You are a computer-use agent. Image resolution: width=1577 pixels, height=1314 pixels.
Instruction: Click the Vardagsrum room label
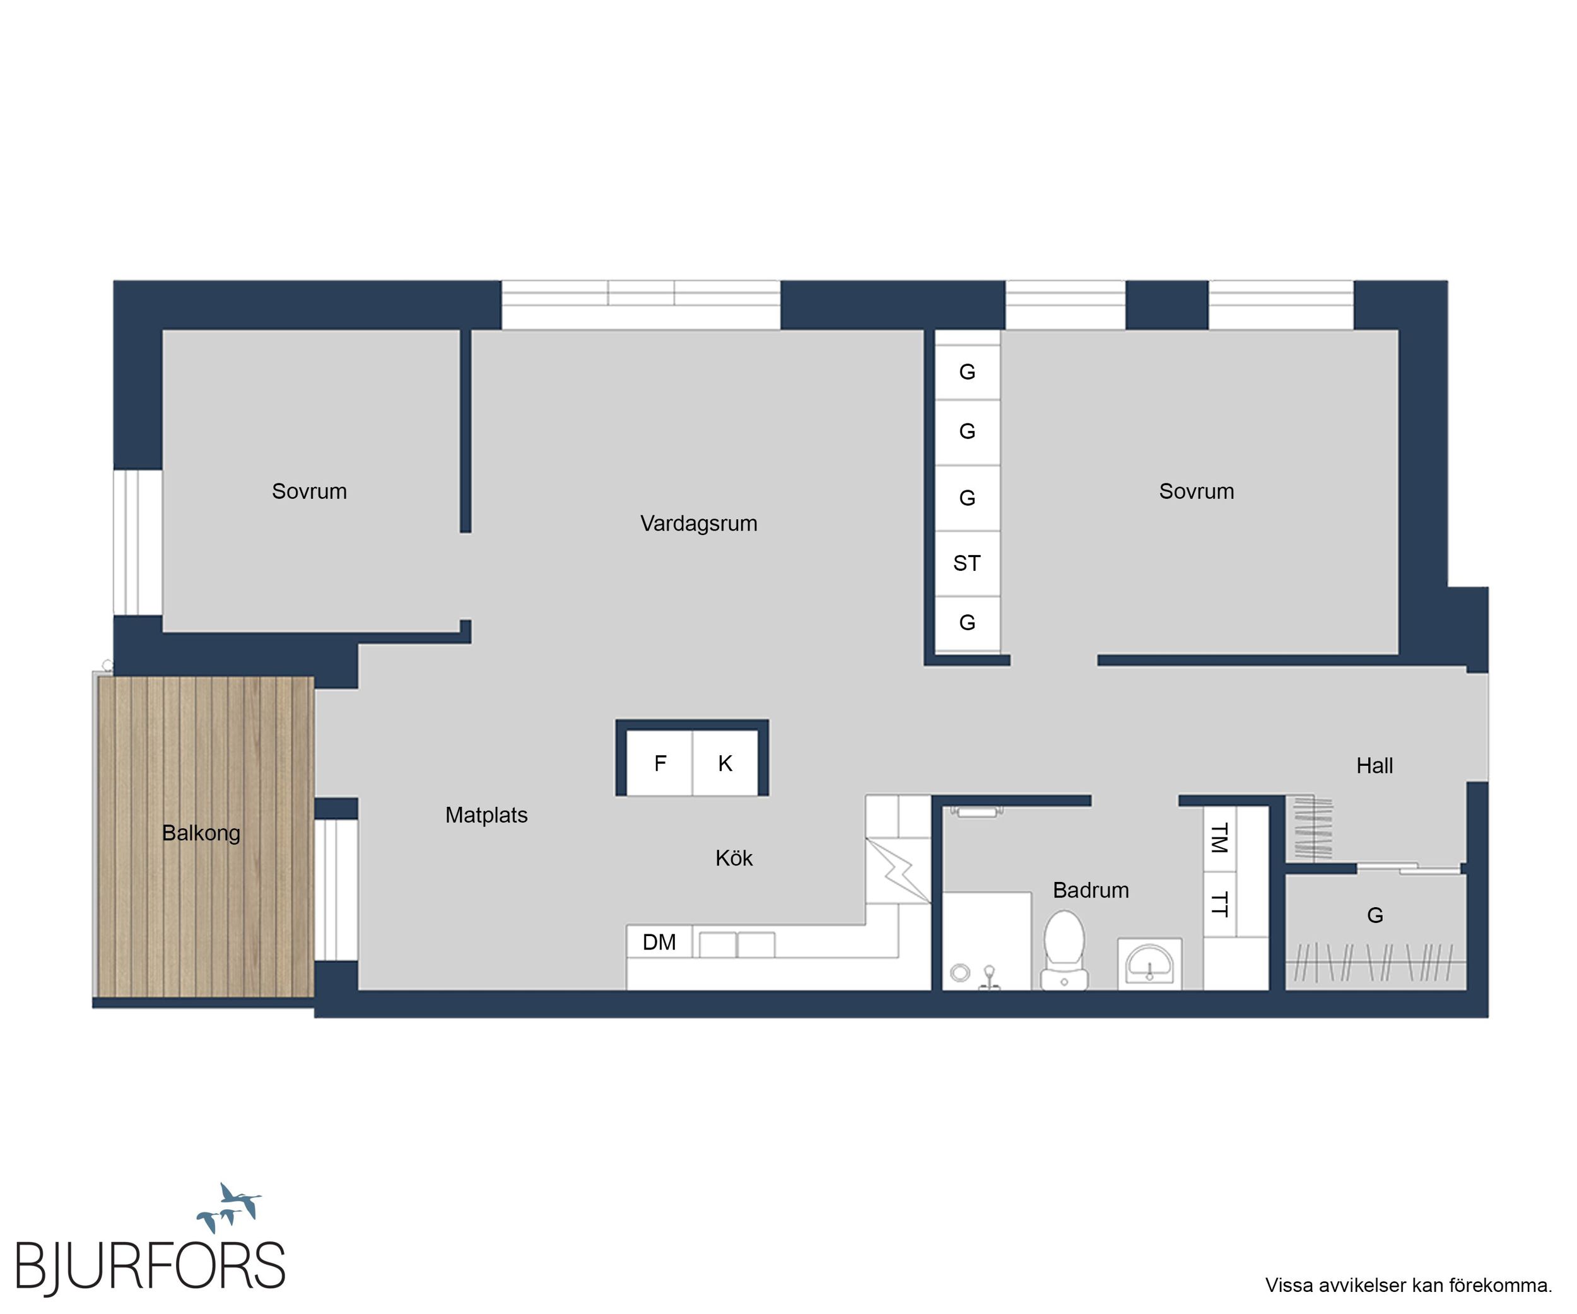(x=698, y=524)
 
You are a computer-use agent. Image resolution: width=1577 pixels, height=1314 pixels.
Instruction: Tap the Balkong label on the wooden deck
(x=201, y=833)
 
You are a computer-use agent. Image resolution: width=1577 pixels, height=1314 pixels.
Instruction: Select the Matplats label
(x=486, y=814)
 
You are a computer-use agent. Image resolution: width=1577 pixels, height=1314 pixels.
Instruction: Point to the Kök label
(x=734, y=857)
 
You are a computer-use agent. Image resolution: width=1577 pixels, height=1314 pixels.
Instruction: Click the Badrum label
(x=1091, y=889)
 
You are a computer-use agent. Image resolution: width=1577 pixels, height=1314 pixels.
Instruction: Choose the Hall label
(x=1375, y=765)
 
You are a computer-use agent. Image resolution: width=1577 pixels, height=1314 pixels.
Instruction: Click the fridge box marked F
(x=659, y=763)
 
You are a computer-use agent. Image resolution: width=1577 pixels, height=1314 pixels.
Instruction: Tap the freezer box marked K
(x=725, y=763)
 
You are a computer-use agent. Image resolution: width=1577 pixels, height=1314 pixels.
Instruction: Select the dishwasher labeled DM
(x=659, y=942)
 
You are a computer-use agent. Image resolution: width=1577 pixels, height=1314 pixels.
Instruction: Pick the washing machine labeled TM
(x=1219, y=839)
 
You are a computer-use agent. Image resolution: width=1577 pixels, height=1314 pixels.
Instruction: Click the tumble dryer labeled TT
(x=1219, y=904)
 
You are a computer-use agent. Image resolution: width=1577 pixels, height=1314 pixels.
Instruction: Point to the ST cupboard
(x=967, y=563)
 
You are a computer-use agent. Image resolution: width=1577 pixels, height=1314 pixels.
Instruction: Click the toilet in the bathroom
(x=1064, y=949)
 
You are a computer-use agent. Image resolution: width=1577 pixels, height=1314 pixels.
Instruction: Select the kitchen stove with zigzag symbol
(x=898, y=871)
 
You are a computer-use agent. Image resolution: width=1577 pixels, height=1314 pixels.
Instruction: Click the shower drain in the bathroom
(x=959, y=973)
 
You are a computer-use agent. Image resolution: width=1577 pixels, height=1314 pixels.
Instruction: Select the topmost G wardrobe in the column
(x=967, y=372)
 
